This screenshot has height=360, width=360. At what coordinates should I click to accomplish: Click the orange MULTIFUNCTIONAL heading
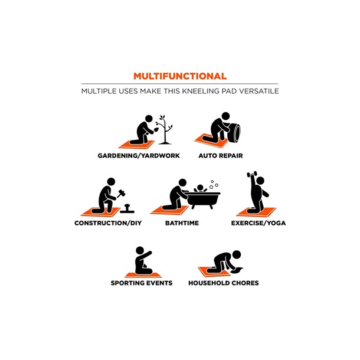180,76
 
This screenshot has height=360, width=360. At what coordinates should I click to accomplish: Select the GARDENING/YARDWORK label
139,156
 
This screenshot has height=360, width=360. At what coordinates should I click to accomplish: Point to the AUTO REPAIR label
221,156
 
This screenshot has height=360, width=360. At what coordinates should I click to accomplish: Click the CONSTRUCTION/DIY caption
108,223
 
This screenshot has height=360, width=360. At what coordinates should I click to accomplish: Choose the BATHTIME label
182,223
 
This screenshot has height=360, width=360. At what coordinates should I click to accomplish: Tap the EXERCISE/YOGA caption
258,223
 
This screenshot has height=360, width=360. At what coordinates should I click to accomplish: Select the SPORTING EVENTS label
142,283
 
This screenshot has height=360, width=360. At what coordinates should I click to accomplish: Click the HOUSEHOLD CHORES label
224,283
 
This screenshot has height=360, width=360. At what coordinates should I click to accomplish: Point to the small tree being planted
165,130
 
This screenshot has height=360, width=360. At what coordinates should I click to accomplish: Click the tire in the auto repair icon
234,133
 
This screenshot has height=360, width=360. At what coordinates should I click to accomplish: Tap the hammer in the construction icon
120,194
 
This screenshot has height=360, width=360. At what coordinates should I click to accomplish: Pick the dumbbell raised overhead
252,174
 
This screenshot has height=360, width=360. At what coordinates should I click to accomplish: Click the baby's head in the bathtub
200,188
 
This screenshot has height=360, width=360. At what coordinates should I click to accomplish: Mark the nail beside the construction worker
127,208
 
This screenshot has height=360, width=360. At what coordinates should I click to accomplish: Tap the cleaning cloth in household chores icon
237,270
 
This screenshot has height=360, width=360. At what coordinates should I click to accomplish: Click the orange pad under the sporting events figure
143,275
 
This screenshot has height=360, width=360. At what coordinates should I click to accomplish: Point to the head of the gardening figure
149,119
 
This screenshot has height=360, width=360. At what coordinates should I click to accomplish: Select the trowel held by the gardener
156,130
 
